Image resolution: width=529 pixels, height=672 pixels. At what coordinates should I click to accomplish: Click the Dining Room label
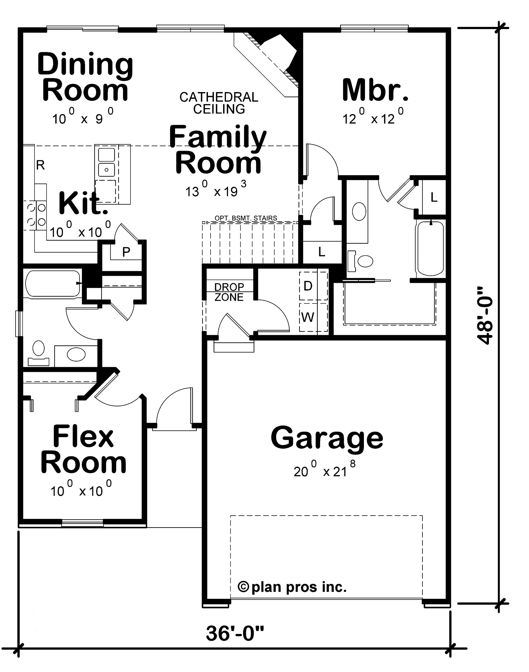tap(85, 77)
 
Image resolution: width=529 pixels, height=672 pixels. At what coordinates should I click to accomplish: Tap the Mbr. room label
tap(375, 90)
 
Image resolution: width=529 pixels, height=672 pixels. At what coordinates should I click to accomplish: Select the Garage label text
tap(327, 439)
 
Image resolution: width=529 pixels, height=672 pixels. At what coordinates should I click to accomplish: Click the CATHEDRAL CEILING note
tap(219, 103)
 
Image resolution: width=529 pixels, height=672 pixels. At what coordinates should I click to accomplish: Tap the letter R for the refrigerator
tap(40, 165)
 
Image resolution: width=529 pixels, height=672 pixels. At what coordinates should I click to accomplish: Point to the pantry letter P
tap(126, 252)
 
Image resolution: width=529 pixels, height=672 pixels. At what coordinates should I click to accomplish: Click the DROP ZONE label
tap(229, 292)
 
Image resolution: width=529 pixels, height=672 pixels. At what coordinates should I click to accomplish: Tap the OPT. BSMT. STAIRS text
tap(246, 218)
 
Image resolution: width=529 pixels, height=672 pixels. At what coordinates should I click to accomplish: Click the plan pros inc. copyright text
tap(292, 587)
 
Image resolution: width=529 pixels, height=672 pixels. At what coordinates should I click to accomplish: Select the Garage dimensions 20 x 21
tap(324, 470)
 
